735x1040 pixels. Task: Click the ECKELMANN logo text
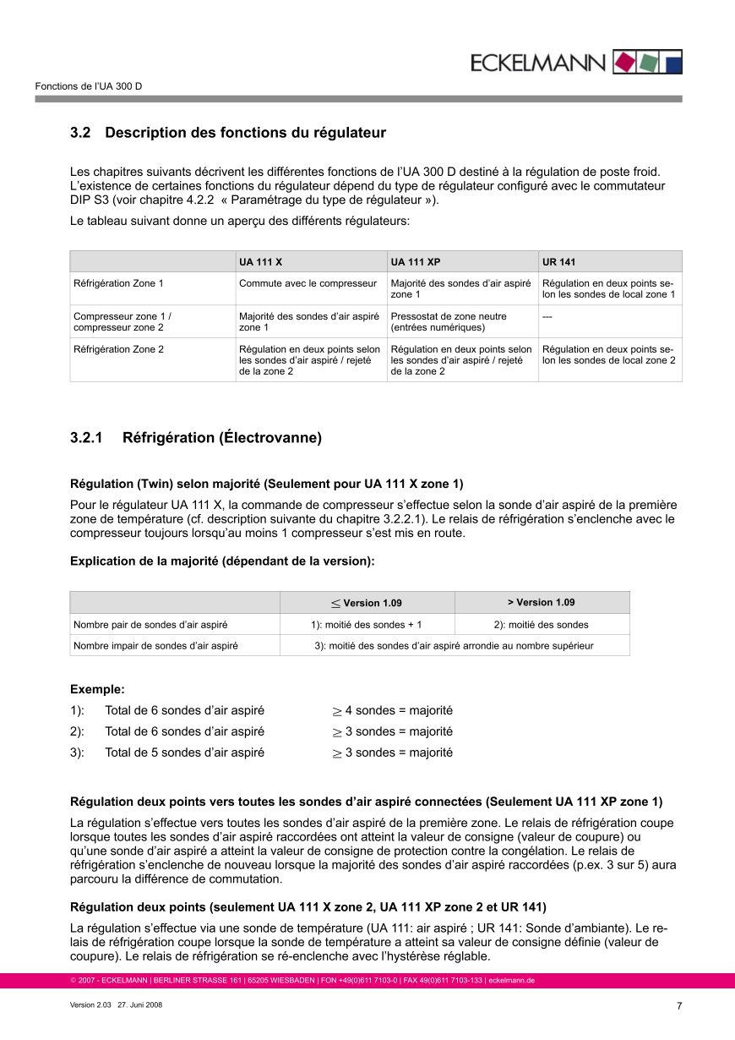pos(537,63)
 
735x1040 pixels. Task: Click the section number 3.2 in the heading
pos(80,133)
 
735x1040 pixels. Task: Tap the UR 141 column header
pos(558,262)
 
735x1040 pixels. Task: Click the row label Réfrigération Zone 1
pos(118,283)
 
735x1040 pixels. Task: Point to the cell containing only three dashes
pos(547,316)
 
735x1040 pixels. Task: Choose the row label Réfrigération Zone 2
pos(118,348)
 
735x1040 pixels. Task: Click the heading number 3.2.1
pos(86,438)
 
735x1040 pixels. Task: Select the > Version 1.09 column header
pos(541,602)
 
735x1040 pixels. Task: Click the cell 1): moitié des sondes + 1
pos(366,625)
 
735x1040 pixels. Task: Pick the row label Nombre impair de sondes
pos(155,646)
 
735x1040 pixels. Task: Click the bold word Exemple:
pos(97,689)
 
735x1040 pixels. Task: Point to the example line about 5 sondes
pos(184,753)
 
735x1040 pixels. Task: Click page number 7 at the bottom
pos(679,1006)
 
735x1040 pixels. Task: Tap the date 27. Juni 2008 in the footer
pos(140,1005)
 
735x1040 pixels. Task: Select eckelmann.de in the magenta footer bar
pos(511,981)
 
